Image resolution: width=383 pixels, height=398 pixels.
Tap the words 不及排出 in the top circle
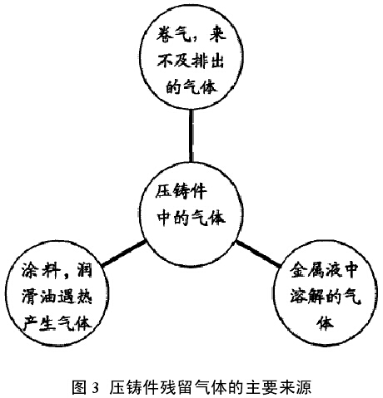[x=191, y=60]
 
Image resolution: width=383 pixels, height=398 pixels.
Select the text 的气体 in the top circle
[x=191, y=86]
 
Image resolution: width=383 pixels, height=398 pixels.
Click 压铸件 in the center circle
[x=181, y=192]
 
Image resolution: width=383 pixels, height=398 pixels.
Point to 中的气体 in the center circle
[x=191, y=218]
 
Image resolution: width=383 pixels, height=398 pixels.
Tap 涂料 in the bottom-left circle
[x=41, y=269]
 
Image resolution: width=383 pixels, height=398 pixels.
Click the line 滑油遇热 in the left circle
[x=57, y=297]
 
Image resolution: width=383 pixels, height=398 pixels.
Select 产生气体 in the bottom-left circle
[x=57, y=323]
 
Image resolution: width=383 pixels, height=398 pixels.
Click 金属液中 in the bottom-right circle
[x=324, y=270]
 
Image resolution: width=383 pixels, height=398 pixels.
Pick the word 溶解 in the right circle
[x=307, y=297]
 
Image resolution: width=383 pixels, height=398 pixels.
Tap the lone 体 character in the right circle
[x=325, y=323]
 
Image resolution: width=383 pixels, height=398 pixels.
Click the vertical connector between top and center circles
[x=191, y=135]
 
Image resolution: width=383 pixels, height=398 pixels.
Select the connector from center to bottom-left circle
[x=123, y=254]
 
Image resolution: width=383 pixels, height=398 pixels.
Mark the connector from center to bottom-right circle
[x=258, y=254]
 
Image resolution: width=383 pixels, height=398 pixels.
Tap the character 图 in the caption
[x=79, y=387]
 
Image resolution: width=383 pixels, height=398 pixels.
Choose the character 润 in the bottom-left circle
[x=82, y=269]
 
